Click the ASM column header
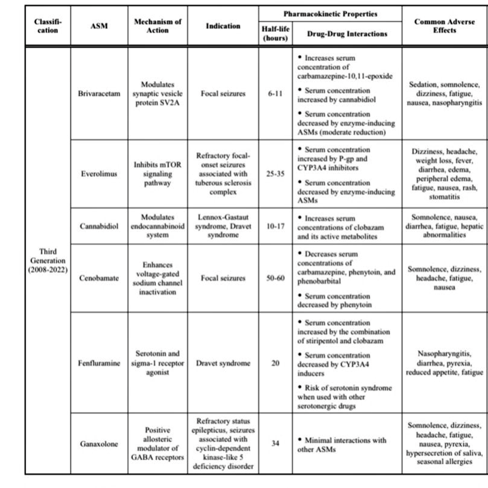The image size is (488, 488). (x=99, y=26)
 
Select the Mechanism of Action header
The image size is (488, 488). (x=157, y=26)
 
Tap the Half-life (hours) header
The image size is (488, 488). (x=275, y=34)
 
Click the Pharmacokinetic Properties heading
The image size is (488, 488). (x=330, y=14)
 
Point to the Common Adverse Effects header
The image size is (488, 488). (x=444, y=26)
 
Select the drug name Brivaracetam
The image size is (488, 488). (x=99, y=94)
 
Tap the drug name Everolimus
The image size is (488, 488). (x=99, y=174)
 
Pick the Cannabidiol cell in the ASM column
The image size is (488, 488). (x=99, y=226)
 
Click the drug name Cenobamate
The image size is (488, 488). (x=99, y=278)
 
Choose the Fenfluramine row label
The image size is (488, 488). (x=99, y=363)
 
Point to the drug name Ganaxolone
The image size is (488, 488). (x=99, y=444)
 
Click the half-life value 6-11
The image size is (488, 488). (x=275, y=94)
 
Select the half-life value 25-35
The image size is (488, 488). (x=275, y=174)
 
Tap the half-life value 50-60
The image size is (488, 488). (x=275, y=278)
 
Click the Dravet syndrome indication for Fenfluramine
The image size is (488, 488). (x=223, y=363)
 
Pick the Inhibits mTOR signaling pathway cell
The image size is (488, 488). (x=157, y=174)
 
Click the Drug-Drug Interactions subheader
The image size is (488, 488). (x=347, y=34)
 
